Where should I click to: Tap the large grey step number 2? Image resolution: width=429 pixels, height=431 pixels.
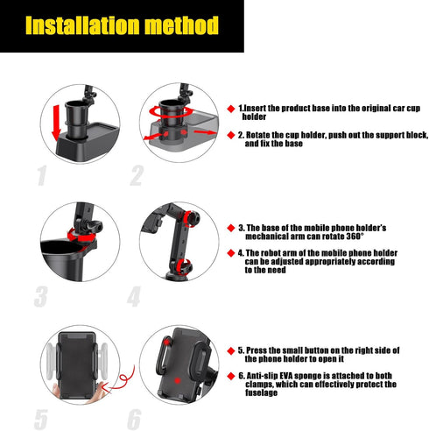point(136,175)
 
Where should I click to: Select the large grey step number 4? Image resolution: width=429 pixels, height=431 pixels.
point(134,296)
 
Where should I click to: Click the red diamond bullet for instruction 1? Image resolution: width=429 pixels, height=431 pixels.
point(231,109)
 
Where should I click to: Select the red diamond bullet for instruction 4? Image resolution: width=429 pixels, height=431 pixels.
point(231,252)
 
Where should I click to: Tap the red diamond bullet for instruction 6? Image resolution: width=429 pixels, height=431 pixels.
point(231,375)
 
